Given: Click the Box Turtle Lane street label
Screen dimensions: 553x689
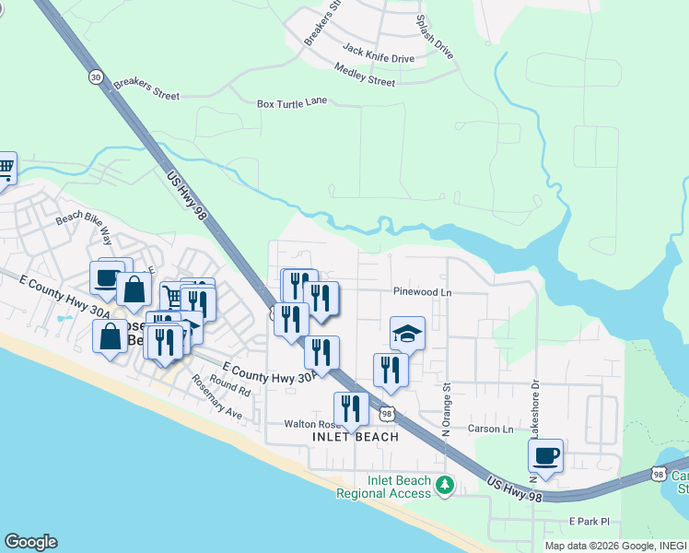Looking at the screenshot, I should [292, 102].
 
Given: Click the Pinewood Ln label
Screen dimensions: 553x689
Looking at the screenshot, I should [423, 292].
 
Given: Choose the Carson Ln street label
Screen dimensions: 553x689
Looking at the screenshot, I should [489, 429].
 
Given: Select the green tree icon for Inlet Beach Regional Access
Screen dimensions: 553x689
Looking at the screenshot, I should [446, 484].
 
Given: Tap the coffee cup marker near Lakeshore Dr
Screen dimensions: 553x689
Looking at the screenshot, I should [546, 455].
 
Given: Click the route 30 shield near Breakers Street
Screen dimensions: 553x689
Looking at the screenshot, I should [96, 78].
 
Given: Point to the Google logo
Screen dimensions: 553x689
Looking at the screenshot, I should [30, 542].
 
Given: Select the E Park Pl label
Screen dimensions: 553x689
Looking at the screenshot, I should [590, 522].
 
